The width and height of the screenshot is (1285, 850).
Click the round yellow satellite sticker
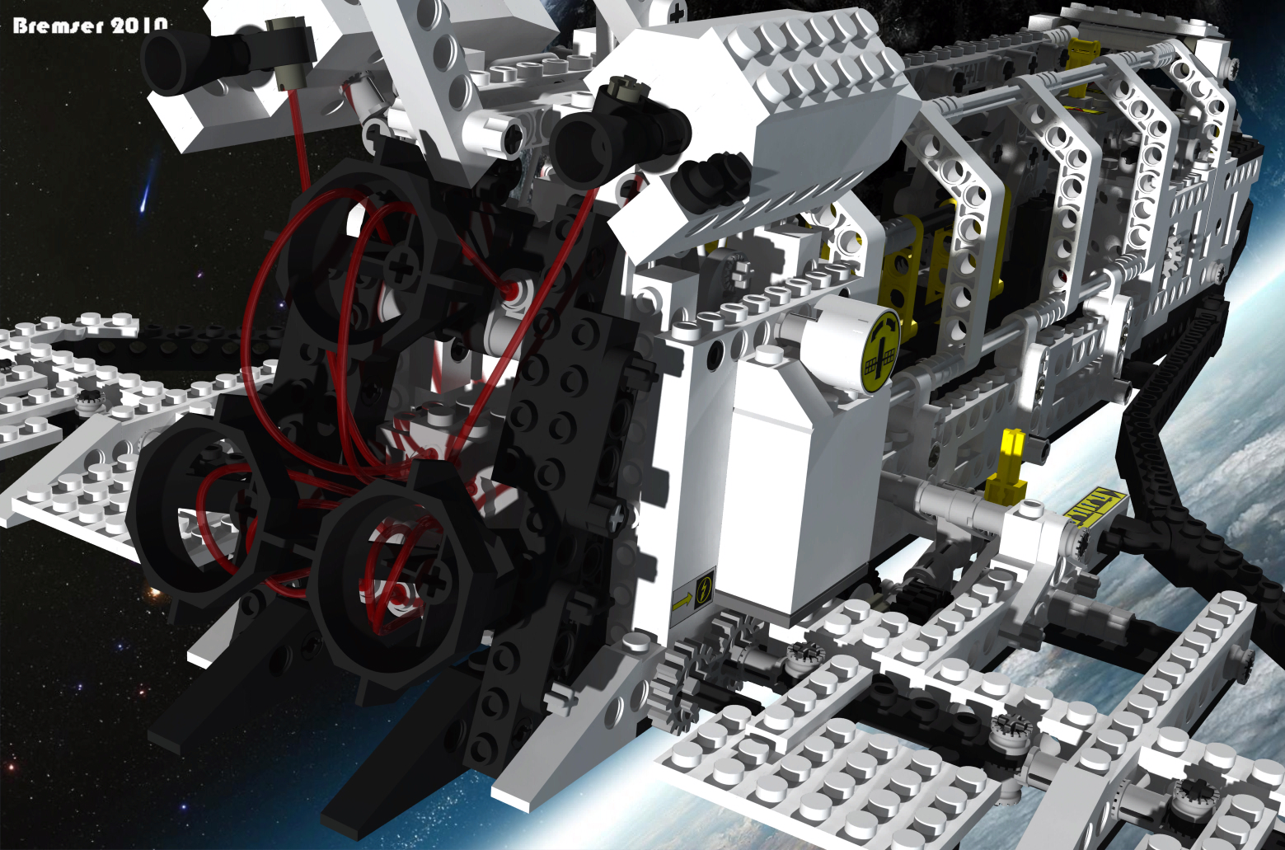point(880,351)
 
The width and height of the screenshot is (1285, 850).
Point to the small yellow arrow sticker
point(682,602)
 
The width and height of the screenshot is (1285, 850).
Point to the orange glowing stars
point(150,589)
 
